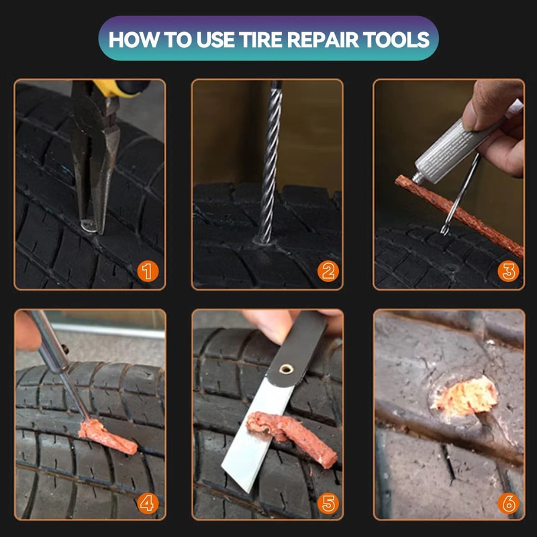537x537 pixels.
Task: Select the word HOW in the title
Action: [131, 39]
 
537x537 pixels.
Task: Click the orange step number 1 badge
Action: [148, 272]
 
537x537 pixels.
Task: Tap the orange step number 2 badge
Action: [328, 272]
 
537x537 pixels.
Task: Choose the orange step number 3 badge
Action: [509, 272]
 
